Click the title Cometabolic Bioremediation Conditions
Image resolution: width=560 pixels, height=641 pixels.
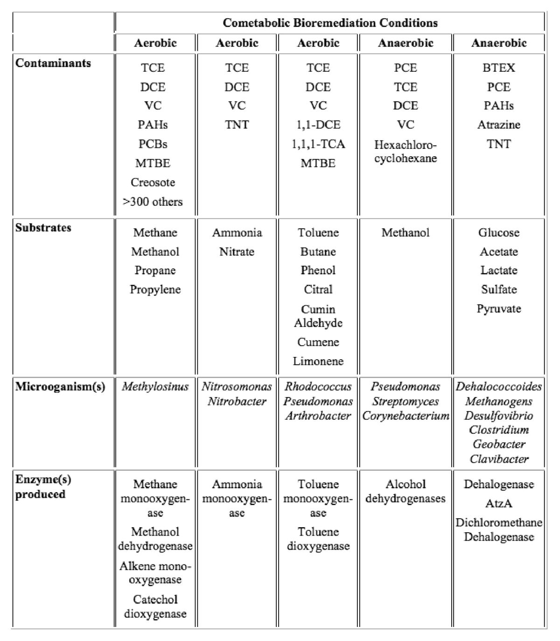pyautogui.click(x=330, y=22)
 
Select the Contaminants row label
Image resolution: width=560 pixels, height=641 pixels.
pyautogui.click(x=53, y=63)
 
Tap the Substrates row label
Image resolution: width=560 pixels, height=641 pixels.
pyautogui.click(x=43, y=228)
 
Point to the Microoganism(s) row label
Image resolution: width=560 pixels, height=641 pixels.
pyautogui.click(x=60, y=386)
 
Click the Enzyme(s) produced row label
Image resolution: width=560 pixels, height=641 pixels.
pyautogui.click(x=43, y=487)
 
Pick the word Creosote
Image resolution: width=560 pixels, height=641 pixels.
pyautogui.click(x=153, y=182)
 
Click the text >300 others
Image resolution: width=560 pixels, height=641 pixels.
pyautogui.click(x=153, y=202)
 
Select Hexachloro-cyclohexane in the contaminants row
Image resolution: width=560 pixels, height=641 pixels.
pyautogui.click(x=405, y=151)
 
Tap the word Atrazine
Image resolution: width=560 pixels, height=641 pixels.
pyautogui.click(x=498, y=125)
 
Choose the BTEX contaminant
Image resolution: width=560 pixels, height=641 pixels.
pyautogui.click(x=498, y=68)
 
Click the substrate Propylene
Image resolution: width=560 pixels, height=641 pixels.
pyautogui.click(x=155, y=289)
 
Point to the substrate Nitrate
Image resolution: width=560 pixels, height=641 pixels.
pyautogui.click(x=237, y=251)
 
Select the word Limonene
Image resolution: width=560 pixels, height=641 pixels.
pyautogui.click(x=318, y=361)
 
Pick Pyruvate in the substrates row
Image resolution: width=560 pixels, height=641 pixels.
pyautogui.click(x=498, y=308)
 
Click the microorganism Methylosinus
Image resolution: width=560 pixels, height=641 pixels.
pyautogui.click(x=155, y=386)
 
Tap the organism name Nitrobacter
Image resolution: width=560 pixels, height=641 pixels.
pyautogui.click(x=237, y=401)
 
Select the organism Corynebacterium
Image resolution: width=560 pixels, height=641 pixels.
pyautogui.click(x=405, y=415)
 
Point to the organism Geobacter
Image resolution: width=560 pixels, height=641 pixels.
pyautogui.click(x=498, y=444)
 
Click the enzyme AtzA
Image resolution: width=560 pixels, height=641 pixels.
pyautogui.click(x=498, y=503)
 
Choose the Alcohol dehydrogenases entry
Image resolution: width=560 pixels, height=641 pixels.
pyautogui.click(x=405, y=491)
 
